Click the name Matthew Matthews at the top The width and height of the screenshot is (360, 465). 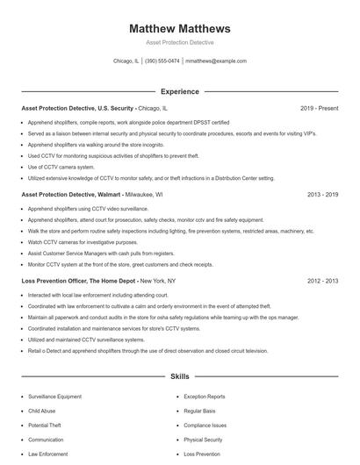point(179,28)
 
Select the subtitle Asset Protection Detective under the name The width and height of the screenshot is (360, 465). point(179,42)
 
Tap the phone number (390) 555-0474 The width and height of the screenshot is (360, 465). point(162,61)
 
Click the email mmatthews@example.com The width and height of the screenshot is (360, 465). point(216,61)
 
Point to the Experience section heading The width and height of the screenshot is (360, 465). point(179,91)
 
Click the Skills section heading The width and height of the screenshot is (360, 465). point(179,376)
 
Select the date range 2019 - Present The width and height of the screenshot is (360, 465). point(319,109)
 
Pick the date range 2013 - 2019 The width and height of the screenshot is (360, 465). point(322,195)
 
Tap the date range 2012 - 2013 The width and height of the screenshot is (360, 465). point(322,281)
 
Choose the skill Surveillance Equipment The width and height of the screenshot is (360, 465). point(54,397)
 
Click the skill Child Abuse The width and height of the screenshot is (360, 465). point(41,411)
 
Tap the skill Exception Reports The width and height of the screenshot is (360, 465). point(204,397)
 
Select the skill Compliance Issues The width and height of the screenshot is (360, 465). point(205,426)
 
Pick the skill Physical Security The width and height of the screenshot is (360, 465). point(203,440)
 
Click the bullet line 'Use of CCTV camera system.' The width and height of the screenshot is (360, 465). point(61,167)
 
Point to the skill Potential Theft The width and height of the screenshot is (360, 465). point(44,426)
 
